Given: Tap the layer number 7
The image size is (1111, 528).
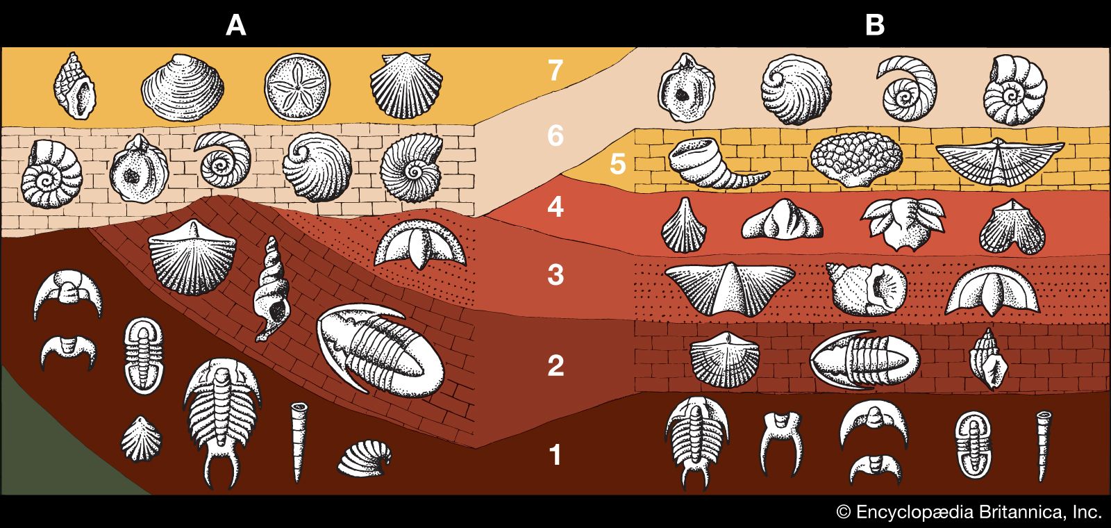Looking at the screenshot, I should pos(554,71).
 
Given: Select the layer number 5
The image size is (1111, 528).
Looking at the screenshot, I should pos(617,165).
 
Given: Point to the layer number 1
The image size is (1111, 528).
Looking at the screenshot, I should pos(555,456).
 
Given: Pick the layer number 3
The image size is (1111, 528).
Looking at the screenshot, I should pos(555,275).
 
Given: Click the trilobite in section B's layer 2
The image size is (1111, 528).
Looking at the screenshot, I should pos(864,357).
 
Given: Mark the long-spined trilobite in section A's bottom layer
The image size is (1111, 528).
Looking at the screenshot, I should pos(221,413).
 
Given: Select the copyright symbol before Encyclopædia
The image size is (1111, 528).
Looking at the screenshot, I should pos(843,513).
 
